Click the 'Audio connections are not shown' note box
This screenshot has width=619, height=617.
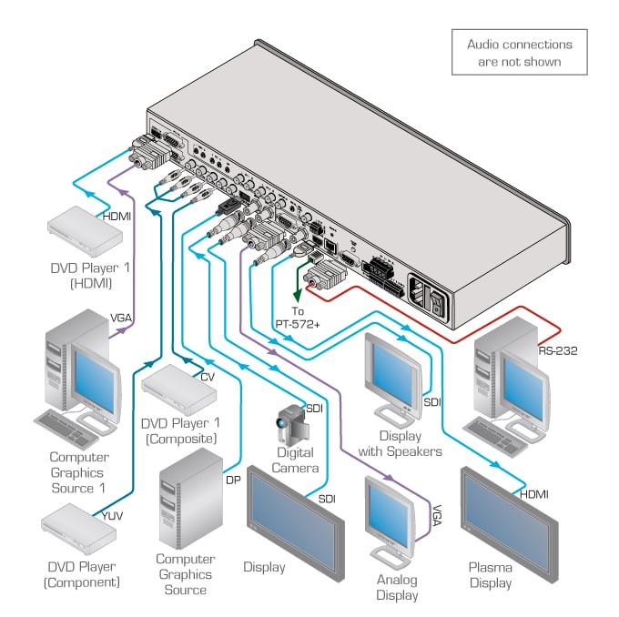coord(519,52)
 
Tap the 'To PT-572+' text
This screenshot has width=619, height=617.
coord(293,315)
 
